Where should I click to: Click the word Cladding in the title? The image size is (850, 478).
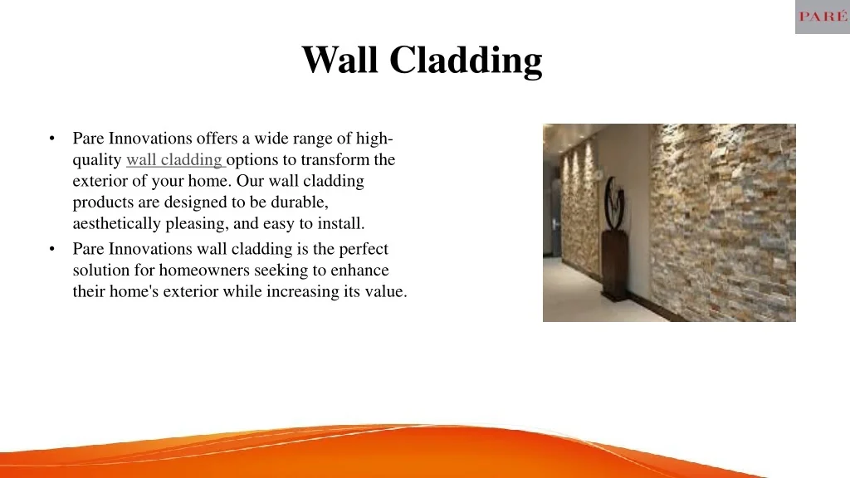466,61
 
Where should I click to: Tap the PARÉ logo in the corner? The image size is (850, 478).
822,17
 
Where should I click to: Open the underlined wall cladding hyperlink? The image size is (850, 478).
174,159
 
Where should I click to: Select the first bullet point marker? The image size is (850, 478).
52,139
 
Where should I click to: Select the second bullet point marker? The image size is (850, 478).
52,249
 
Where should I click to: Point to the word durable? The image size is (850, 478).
301,202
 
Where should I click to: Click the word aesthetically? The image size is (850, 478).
119,223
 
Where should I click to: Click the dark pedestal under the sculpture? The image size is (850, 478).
615,266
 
